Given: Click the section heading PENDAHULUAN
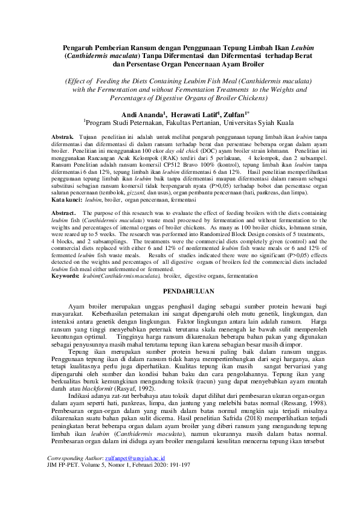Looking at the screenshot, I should [x=181, y=290].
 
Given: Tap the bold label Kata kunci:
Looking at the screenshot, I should [x=67, y=199].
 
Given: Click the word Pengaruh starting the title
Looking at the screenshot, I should [x=83, y=46].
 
